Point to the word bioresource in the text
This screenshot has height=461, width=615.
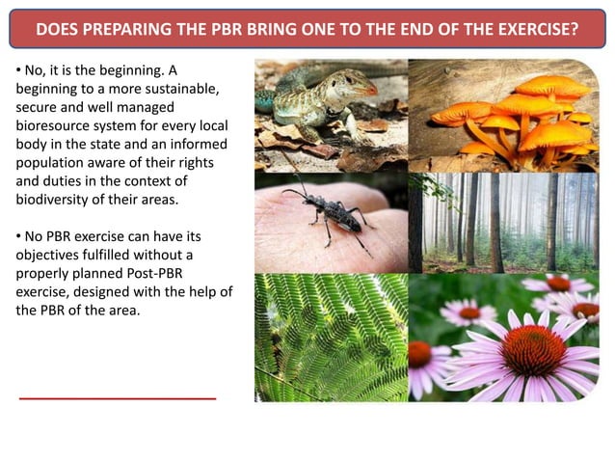[x=55, y=126]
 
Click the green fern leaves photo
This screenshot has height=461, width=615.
[x=330, y=338]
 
